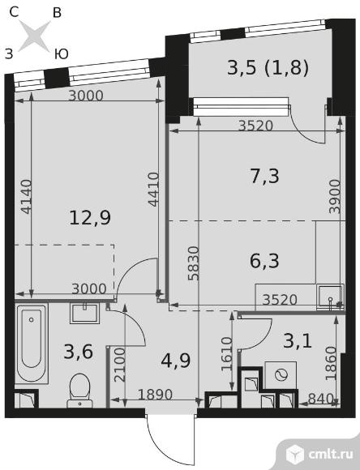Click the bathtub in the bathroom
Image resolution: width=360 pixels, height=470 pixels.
tap(32, 344)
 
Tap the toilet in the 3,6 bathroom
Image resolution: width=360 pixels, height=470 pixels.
tap(79, 391)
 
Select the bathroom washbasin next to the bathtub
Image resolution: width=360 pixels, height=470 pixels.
tap(84, 314)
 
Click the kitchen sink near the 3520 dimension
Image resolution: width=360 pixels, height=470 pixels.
tap(330, 296)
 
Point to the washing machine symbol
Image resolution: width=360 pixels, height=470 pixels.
tap(281, 375)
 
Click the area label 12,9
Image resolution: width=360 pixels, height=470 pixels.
tap(90, 218)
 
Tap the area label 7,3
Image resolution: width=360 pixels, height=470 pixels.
tap(264, 176)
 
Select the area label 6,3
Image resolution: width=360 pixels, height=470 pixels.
tap(264, 260)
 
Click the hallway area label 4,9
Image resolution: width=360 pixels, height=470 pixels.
tap(175, 361)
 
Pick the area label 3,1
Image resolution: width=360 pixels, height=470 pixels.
tap(298, 341)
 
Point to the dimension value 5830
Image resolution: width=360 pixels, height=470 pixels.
tap(194, 263)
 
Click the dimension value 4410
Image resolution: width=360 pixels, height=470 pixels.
tap(153, 189)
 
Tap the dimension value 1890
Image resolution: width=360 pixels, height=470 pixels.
tap(155, 395)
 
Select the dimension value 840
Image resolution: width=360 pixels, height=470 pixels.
tap(321, 399)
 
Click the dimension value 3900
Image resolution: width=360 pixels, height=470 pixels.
tap(335, 196)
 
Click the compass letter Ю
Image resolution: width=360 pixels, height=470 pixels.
tap(62, 54)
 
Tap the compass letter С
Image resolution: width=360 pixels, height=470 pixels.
tap(14, 12)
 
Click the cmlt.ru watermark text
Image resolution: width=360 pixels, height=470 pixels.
tap(330, 454)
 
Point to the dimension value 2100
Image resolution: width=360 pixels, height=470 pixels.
tap(120, 365)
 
